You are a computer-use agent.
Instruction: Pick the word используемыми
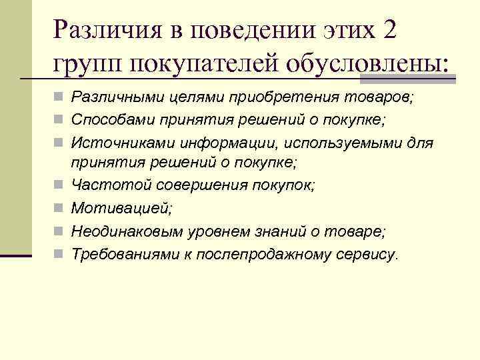click(334, 143)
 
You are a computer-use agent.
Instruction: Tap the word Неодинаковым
click(115, 231)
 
